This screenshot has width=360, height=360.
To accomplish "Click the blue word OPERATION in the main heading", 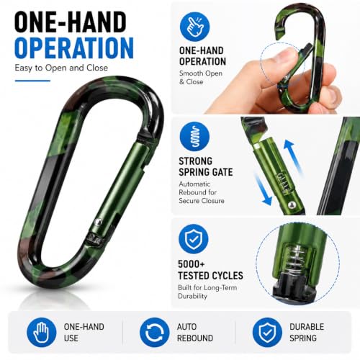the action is tap(74, 48).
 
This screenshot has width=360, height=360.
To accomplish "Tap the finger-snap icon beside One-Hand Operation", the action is tap(194, 27).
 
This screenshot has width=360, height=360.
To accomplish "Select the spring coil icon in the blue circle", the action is tap(194, 136).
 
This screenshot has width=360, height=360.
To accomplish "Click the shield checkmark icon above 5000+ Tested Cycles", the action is tap(194, 239).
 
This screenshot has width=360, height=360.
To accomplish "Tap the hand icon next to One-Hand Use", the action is tap(41, 333).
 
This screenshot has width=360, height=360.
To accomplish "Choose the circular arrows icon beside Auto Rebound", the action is tap(154, 333).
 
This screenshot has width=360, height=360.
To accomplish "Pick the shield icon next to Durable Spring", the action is tap(267, 333).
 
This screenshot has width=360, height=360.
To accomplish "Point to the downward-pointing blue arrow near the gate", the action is tap(264, 189).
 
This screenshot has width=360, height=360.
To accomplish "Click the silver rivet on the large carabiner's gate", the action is tap(98, 222).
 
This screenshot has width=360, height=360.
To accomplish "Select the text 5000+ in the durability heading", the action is tap(192, 264).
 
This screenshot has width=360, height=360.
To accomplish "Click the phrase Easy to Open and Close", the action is tap(61, 68).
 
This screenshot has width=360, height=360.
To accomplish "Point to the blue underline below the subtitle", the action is tap(32, 81).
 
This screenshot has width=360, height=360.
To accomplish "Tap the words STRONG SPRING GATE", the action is tap(206, 166).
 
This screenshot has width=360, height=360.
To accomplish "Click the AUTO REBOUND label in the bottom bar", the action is tap(195, 333).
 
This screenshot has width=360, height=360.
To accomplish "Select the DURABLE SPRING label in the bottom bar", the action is tap(307, 333).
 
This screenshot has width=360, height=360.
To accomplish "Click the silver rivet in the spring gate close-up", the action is tap(292, 204).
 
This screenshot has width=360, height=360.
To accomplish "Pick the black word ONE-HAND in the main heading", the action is tap(71, 22).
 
